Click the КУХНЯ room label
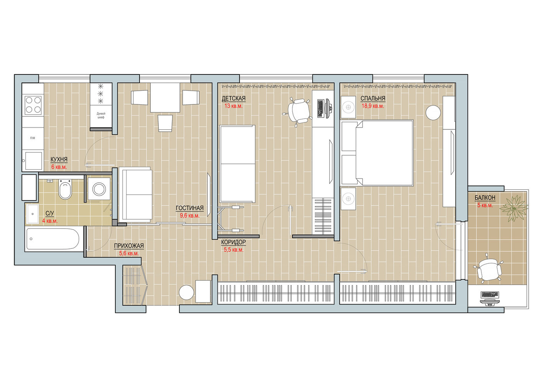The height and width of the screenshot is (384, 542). point(59,159)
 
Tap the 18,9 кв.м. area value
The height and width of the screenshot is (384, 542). point(373,106)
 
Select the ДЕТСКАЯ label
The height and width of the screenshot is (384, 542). point(233,98)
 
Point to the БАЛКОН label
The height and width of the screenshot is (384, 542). point(485,198)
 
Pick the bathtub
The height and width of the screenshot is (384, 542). point(53,239)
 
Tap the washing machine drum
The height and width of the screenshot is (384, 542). point(99,189)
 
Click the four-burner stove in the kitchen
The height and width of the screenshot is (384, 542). point(33,105)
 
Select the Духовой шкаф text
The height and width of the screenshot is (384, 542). point(101,115)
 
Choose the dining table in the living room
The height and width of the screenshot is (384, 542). point(165,98)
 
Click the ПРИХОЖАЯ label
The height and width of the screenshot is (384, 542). point(129,246)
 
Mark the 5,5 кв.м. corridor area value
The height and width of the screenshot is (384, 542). point(233,250)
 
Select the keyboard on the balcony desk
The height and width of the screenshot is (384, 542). point(490,295)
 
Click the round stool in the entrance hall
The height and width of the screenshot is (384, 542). point(186,292)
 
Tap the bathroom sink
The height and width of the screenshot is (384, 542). point(33,214)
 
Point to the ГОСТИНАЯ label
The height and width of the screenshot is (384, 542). point(189,208)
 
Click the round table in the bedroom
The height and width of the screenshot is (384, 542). point(433,113)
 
